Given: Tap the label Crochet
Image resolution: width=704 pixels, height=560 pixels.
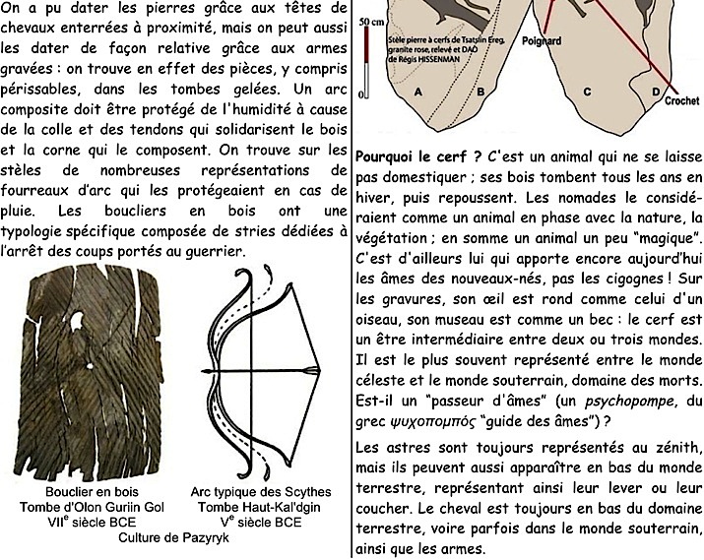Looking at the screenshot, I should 680,100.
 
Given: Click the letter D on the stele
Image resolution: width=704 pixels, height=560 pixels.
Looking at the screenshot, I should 656,92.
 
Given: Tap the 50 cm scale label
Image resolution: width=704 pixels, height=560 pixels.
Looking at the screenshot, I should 373,22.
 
